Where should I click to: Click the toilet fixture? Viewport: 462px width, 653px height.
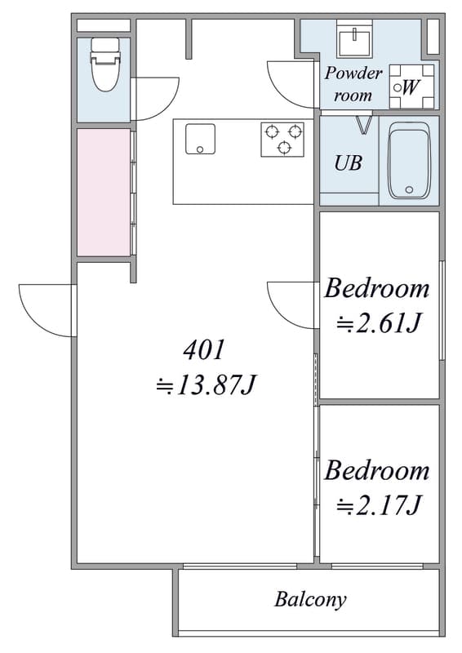click(x=105, y=64)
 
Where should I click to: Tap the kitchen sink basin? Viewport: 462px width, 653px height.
click(x=200, y=139)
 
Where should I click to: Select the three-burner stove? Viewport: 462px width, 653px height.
click(x=282, y=139)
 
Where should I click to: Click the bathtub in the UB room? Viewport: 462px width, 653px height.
click(x=409, y=161)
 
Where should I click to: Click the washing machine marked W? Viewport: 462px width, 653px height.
click(x=411, y=87)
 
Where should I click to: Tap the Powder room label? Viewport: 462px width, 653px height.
click(x=353, y=84)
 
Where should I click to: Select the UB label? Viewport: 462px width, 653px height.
click(x=349, y=162)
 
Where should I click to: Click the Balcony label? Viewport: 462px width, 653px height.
click(x=310, y=600)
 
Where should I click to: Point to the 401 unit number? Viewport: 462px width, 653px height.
click(x=204, y=350)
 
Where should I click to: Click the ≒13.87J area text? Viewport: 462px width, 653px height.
click(x=205, y=385)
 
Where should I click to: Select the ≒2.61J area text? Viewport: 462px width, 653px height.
click(x=377, y=322)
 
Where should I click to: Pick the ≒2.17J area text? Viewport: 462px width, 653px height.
click(x=378, y=504)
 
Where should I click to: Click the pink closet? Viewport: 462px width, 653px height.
click(x=104, y=192)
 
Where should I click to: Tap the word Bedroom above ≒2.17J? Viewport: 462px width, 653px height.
click(x=376, y=471)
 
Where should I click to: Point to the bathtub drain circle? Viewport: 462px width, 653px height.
click(x=409, y=190)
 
